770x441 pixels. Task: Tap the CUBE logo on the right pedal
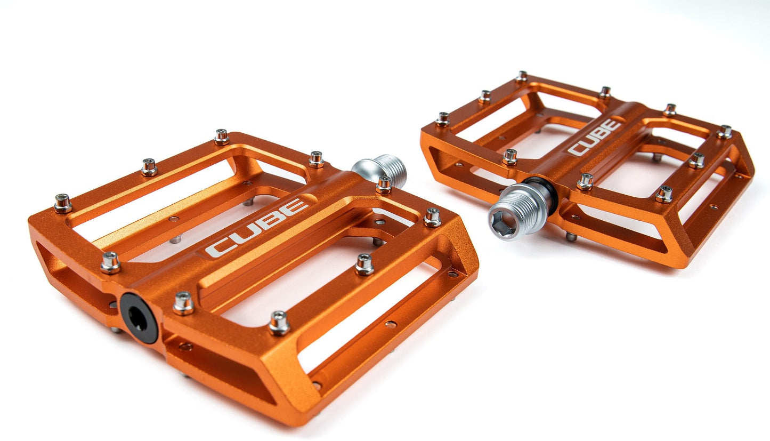594,137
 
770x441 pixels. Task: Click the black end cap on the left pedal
139,318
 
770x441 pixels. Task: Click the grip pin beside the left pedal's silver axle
384,185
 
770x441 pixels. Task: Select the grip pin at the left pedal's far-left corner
62,203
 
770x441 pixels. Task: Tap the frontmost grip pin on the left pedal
279,323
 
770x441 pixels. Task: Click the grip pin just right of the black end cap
183,303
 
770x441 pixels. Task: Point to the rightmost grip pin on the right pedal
724,131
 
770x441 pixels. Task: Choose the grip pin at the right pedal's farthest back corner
521,76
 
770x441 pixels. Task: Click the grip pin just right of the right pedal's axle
585,181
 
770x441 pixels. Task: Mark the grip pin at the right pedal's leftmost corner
442,118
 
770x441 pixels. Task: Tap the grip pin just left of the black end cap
110,262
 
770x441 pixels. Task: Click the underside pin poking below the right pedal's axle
571,236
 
